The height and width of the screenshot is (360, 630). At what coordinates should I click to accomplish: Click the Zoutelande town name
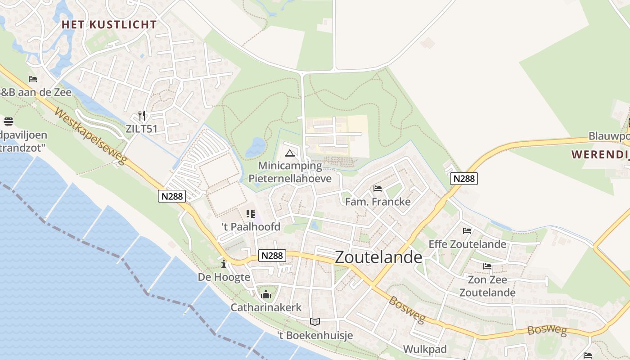(379, 257)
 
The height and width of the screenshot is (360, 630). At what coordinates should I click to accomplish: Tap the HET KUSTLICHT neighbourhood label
(109, 25)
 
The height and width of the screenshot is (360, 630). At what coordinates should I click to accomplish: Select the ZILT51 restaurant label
(142, 129)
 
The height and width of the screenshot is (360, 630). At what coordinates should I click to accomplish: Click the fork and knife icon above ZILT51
(142, 116)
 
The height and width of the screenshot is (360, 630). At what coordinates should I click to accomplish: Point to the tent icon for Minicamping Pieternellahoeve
(289, 153)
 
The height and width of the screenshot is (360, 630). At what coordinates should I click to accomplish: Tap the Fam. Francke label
(378, 202)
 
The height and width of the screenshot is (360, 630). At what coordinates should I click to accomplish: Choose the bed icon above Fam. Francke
(378, 189)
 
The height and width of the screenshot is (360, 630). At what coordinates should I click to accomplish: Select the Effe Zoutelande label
(467, 244)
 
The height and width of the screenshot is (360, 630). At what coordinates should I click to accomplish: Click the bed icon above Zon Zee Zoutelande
(487, 266)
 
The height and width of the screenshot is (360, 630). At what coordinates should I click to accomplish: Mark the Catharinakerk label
(266, 307)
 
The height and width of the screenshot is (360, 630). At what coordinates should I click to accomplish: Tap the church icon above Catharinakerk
(266, 295)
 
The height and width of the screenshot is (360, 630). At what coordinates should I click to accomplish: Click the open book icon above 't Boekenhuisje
(315, 322)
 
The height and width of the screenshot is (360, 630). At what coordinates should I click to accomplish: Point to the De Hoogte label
(224, 277)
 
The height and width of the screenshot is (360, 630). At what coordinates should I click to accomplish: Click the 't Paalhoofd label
(251, 227)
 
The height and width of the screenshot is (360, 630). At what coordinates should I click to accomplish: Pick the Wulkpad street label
(425, 349)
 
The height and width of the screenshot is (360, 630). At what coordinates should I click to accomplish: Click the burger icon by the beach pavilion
(8, 121)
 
